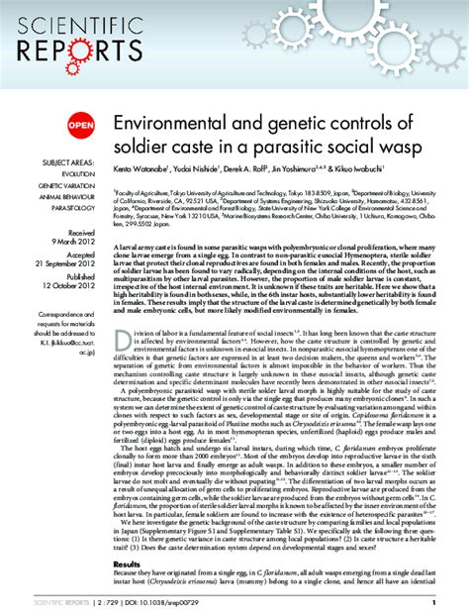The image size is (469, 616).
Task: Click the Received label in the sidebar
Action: coord(80,234)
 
